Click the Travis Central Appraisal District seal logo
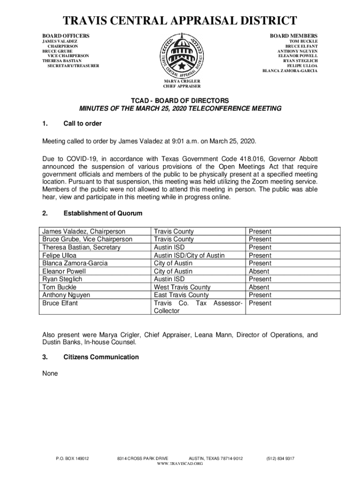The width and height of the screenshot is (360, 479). [x=182, y=55]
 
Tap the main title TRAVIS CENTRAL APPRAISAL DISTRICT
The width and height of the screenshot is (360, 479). [x=180, y=21]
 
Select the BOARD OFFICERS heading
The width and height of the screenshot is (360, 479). [x=66, y=36]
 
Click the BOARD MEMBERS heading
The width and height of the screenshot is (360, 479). [x=294, y=36]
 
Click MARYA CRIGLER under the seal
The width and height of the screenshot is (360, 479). [x=182, y=81]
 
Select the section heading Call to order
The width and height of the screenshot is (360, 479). [x=82, y=123]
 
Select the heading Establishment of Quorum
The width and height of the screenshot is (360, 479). [x=102, y=213]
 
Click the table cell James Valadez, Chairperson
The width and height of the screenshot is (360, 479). [x=84, y=231]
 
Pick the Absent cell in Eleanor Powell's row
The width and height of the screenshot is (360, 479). [x=259, y=271]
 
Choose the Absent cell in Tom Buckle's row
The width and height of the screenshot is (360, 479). [x=259, y=287]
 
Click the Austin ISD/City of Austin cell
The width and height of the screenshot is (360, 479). [x=189, y=255]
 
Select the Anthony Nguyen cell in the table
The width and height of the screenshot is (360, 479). [x=66, y=295]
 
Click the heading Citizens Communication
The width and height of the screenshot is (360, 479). [x=101, y=357]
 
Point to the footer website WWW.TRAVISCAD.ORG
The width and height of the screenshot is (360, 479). [x=180, y=463]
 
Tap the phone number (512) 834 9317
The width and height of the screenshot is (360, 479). [x=280, y=458]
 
